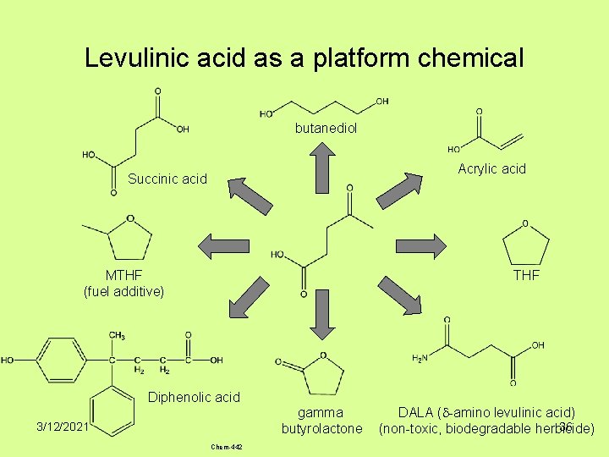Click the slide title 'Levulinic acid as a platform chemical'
304,58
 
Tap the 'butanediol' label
326,129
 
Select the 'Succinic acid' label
167,179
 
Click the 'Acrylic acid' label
491,168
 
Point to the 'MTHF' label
123,275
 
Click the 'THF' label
526,275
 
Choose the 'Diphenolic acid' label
194,397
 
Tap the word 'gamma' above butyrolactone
321,412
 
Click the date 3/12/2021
62,427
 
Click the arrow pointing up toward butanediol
321,167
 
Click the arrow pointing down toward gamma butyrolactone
321,320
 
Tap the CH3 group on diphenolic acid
117,336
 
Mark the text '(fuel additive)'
123,291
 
